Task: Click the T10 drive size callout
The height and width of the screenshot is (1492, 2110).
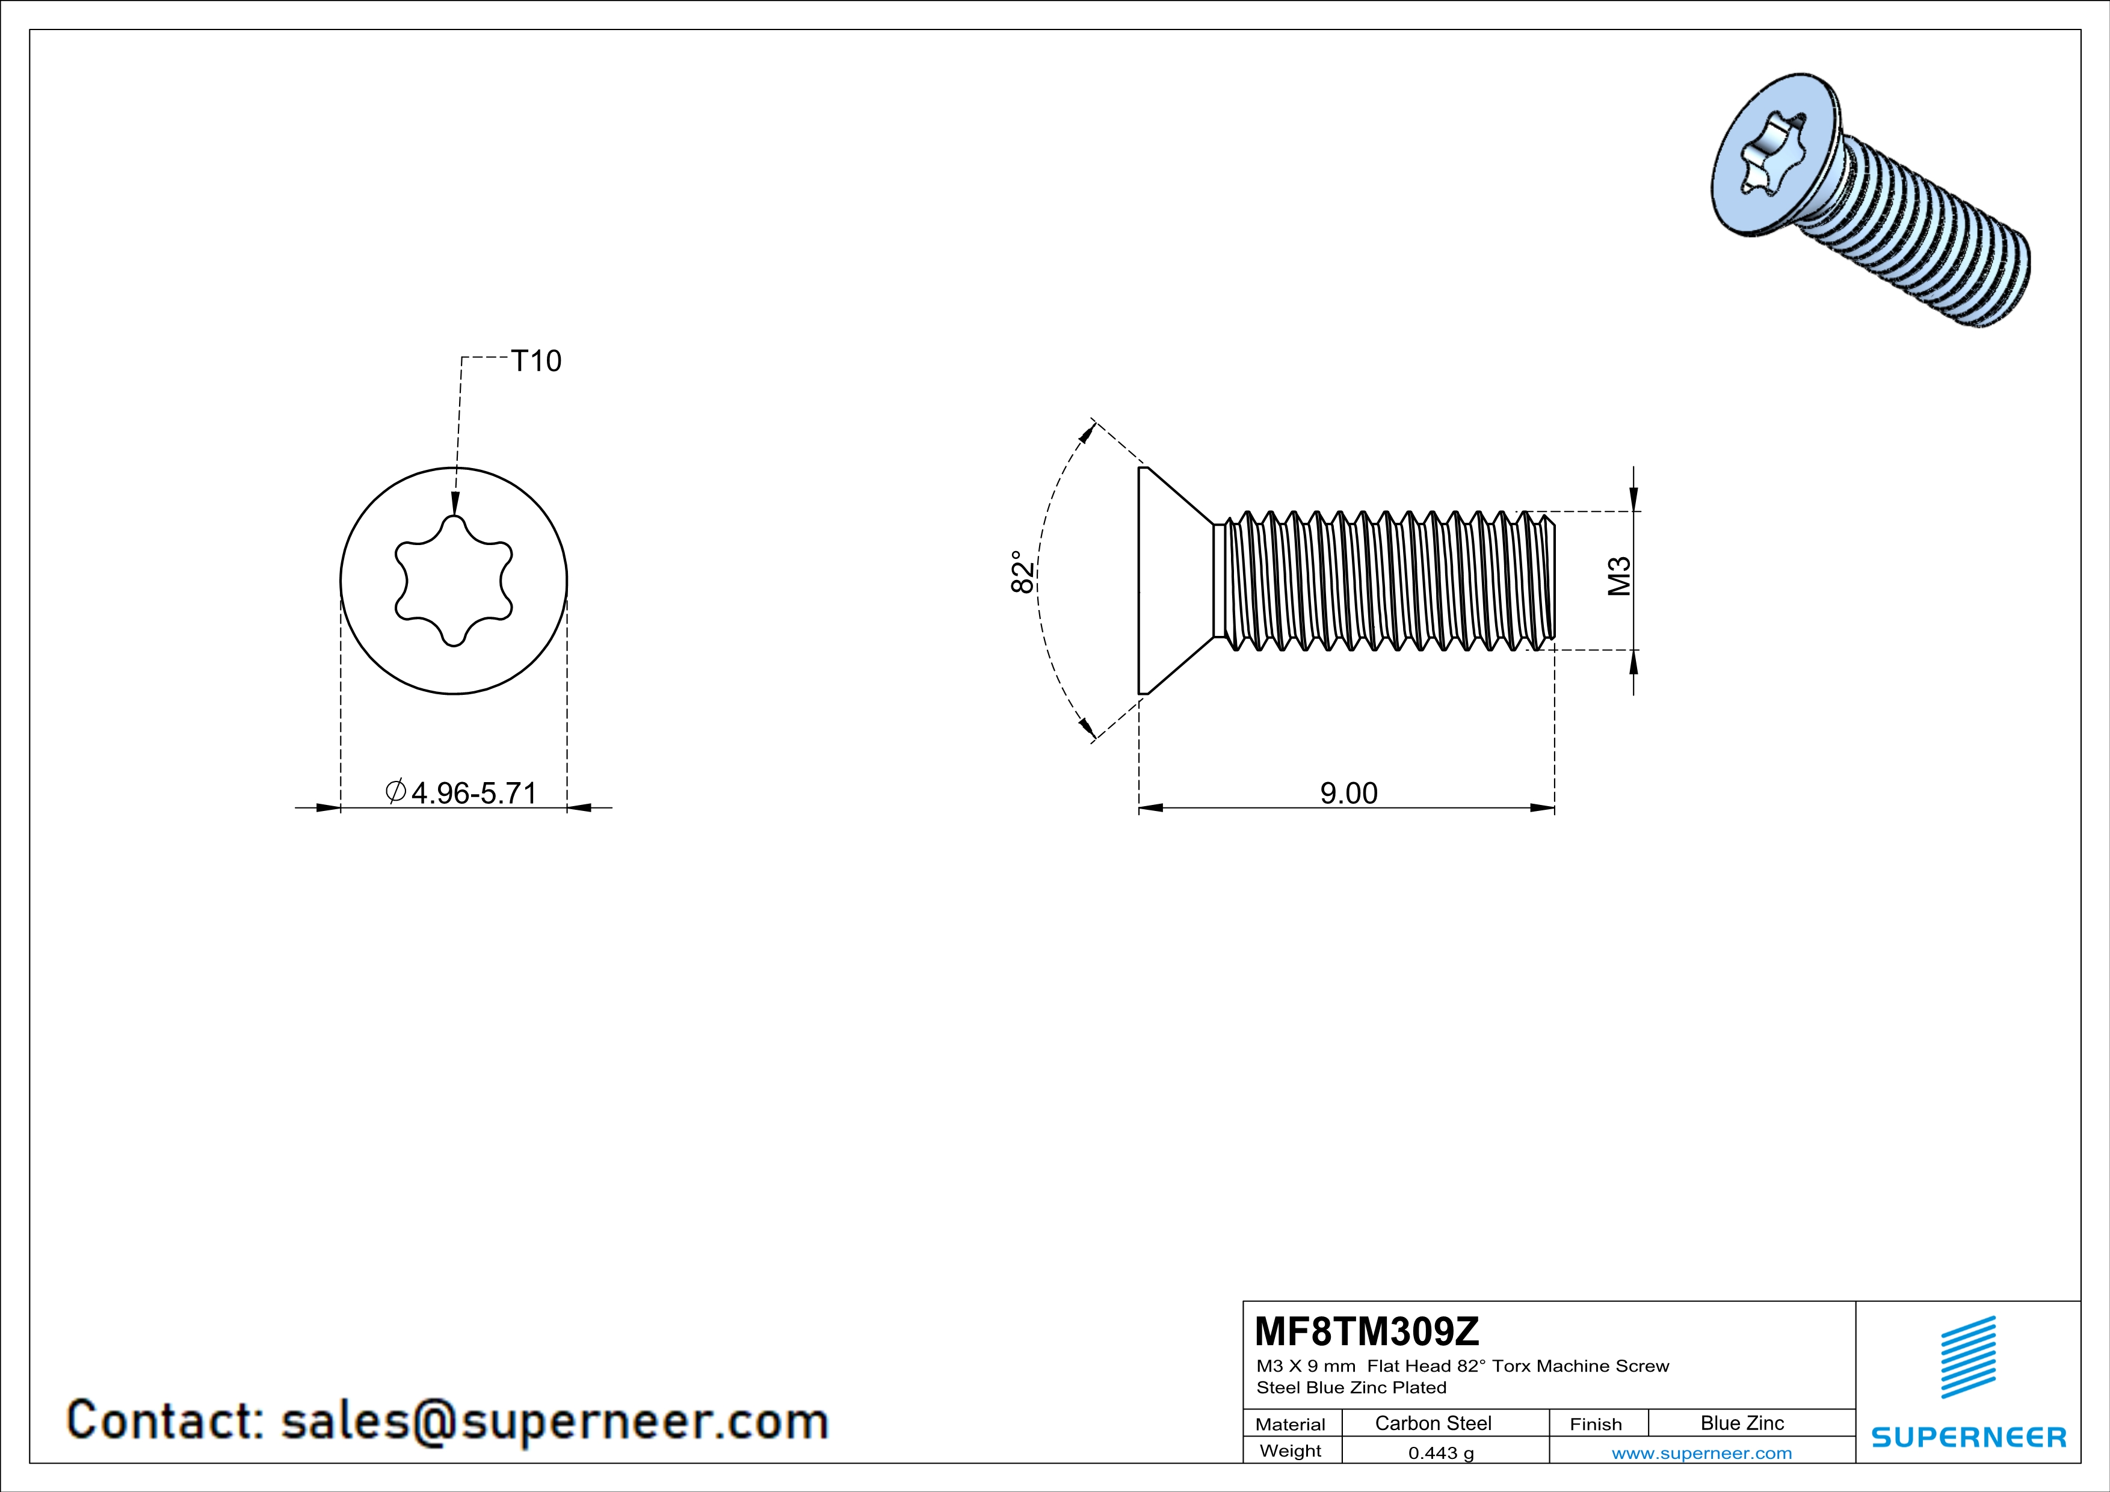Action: tap(535, 361)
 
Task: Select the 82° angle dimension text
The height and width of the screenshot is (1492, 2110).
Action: tap(1022, 572)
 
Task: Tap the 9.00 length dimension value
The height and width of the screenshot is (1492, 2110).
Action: tap(1348, 793)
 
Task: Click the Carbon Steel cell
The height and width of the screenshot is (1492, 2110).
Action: tap(1433, 1423)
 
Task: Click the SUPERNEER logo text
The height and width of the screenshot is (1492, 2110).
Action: tap(1969, 1437)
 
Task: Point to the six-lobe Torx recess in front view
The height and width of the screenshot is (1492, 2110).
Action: tap(453, 581)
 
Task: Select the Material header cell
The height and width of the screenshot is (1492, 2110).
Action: tap(1291, 1424)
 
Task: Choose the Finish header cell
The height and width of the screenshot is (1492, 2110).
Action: tap(1596, 1424)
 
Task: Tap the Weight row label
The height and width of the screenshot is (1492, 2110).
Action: tap(1291, 1450)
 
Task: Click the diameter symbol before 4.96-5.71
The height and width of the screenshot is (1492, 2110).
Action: tap(396, 791)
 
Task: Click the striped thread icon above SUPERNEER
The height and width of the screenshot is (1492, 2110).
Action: tap(1967, 1357)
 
